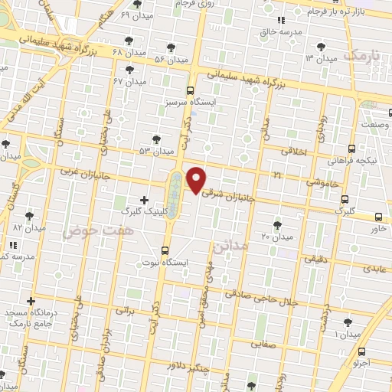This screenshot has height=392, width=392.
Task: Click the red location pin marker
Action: click(197, 180)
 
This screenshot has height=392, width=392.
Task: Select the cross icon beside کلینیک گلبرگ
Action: click(144, 199)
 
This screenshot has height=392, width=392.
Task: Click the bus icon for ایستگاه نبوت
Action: click(166, 250)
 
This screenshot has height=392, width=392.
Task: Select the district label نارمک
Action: click(361, 55)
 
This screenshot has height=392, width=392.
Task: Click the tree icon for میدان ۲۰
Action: click(276, 224)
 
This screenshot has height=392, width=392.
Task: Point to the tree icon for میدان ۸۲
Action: click(29, 216)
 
